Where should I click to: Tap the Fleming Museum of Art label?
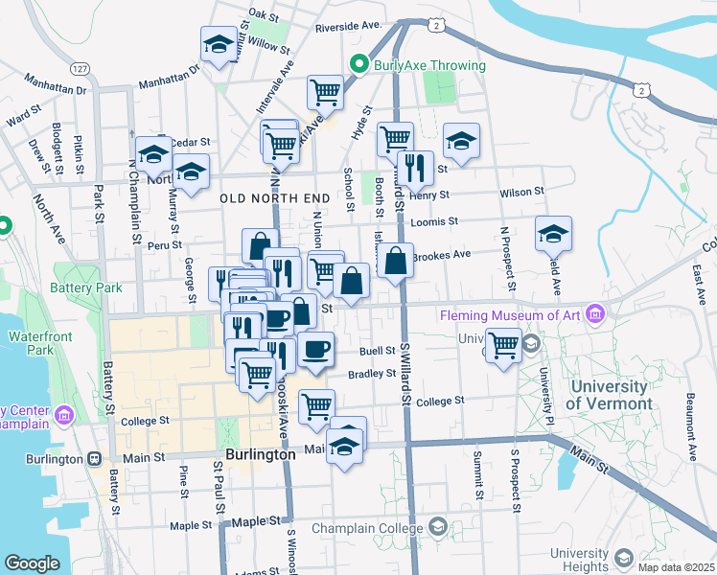coord(512,315)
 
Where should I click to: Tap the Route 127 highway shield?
coord(80,69)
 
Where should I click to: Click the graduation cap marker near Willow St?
coord(219,44)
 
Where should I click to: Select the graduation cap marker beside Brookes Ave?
coord(553,233)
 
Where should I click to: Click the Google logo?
coord(32,563)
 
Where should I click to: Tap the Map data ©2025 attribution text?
coord(675,567)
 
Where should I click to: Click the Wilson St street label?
coord(520,193)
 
